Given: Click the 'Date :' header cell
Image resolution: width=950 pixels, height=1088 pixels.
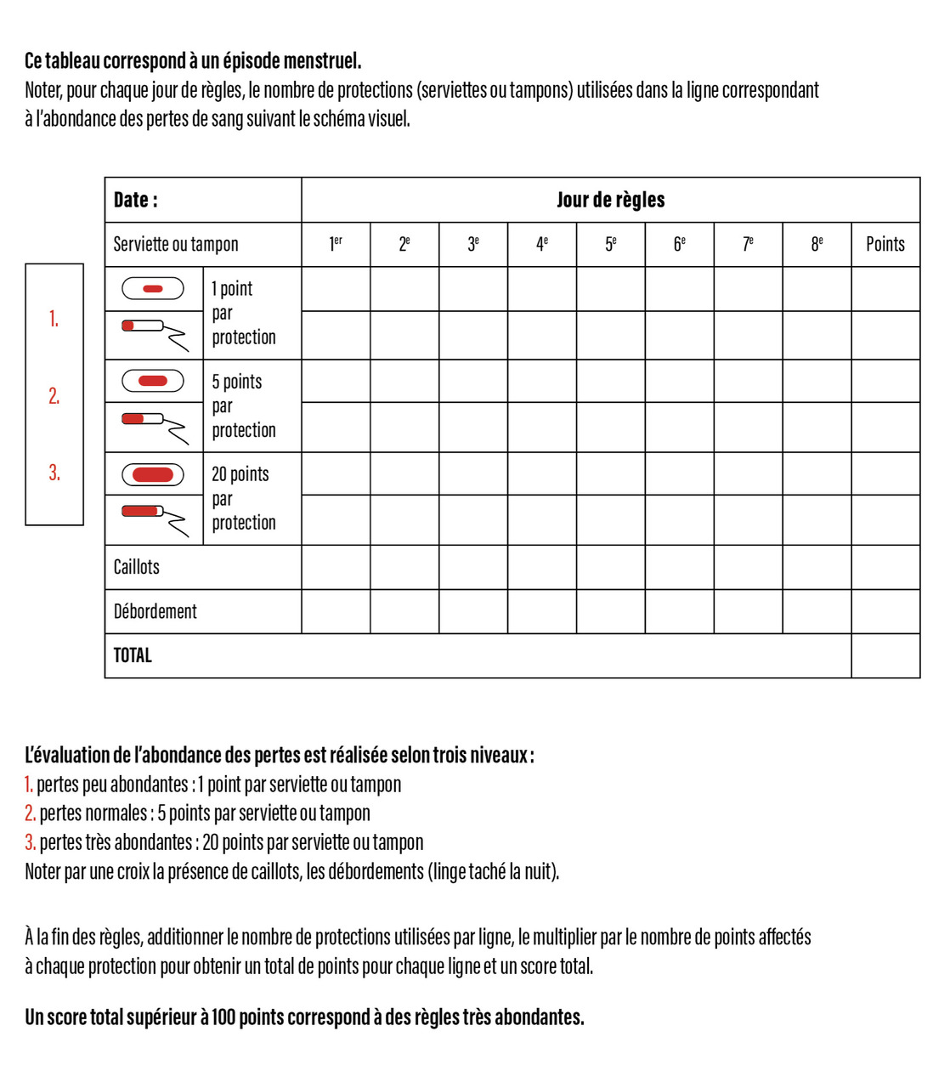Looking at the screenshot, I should [x=136, y=200].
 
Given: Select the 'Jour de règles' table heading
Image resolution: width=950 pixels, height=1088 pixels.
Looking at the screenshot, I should [x=610, y=200].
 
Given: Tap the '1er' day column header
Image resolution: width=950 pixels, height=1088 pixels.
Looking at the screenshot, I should [x=336, y=244].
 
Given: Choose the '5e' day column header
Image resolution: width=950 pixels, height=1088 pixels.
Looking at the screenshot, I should [x=610, y=244].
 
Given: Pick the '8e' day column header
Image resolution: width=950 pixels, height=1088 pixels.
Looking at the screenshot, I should [x=817, y=244].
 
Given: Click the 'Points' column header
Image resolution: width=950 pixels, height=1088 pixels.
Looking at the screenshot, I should [x=885, y=244].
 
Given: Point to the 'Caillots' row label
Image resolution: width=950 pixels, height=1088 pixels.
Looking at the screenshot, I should [x=137, y=567].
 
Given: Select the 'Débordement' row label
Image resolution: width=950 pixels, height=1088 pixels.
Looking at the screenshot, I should [x=156, y=611].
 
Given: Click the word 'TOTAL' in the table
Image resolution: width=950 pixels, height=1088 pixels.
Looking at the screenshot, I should [x=133, y=655].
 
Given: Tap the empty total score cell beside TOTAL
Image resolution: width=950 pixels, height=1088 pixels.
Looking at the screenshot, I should [x=885, y=655].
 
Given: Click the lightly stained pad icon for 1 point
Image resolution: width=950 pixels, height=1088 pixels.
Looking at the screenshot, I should [x=153, y=289].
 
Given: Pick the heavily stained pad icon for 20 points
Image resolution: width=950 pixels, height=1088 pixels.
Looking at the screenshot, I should [x=153, y=474].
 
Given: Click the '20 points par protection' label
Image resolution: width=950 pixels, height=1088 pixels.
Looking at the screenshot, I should [x=244, y=498].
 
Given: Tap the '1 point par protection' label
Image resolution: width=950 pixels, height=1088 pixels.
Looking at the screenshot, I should [x=244, y=313].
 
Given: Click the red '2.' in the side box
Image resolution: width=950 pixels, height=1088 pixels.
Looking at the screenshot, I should [x=54, y=396].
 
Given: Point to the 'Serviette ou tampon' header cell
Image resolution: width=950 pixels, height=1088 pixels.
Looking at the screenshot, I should [x=176, y=244].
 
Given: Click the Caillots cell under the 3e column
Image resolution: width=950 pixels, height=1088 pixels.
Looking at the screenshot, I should [x=473, y=567].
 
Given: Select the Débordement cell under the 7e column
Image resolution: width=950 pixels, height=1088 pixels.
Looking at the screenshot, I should [x=748, y=611].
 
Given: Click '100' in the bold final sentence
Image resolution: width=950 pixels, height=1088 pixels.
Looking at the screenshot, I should [x=223, y=1017].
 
